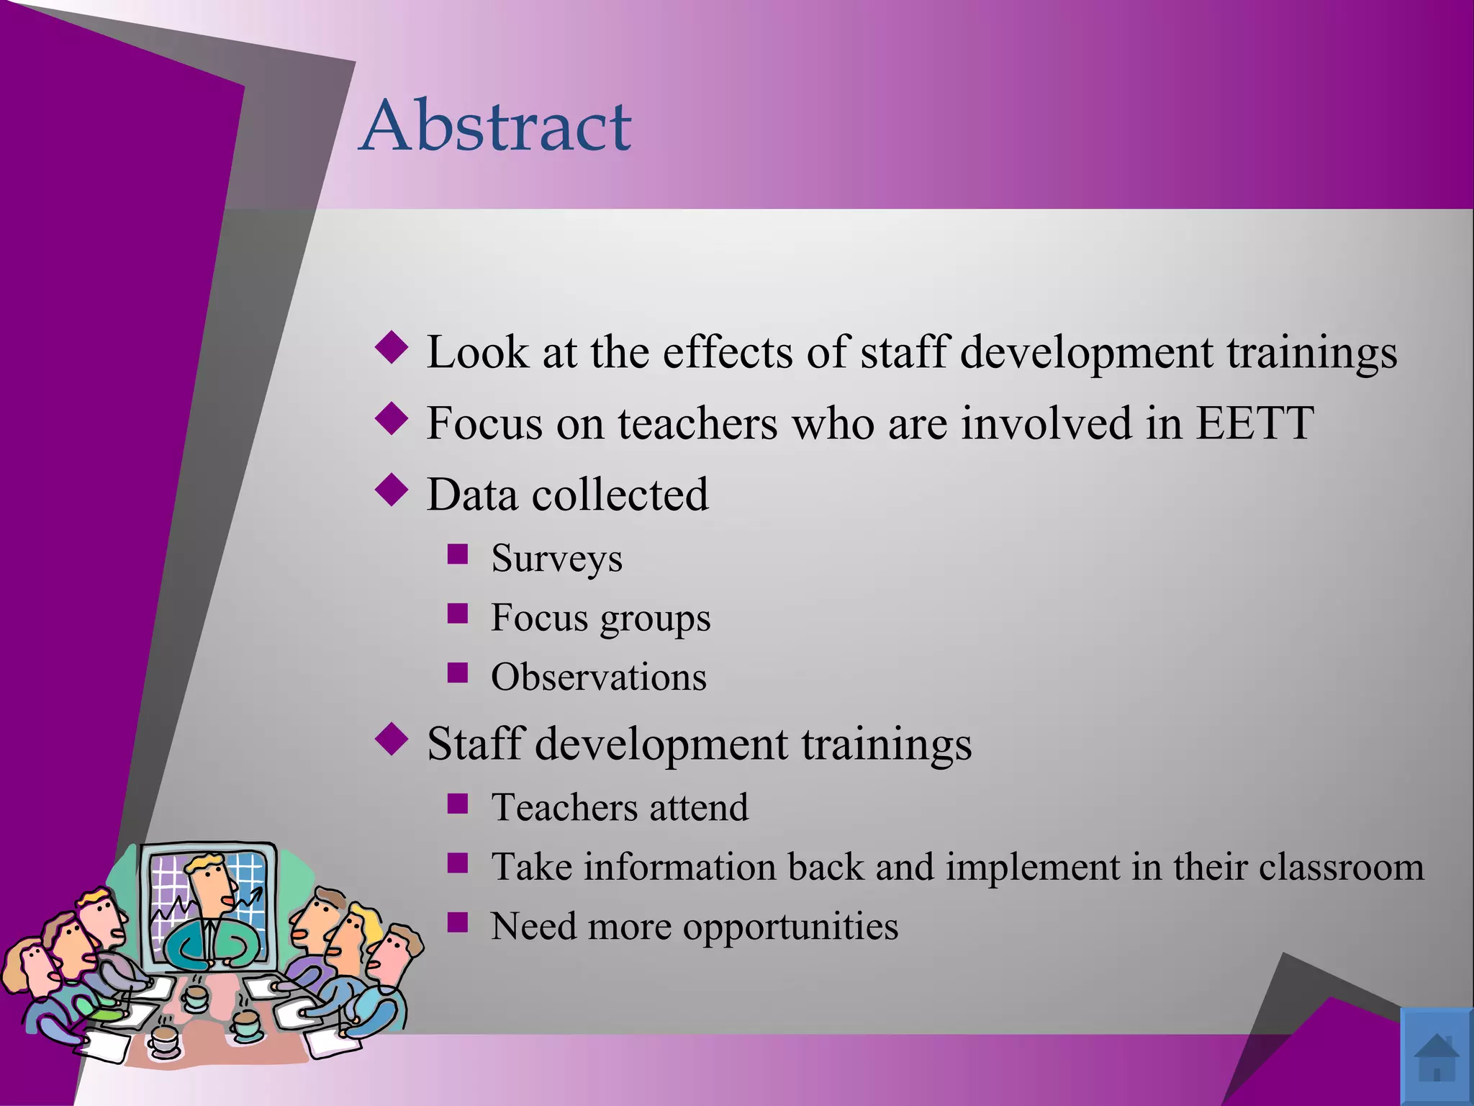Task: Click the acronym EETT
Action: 1254,423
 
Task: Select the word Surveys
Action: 556,559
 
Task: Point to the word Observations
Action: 599,678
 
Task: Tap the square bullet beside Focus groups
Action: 458,614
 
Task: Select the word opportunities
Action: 790,927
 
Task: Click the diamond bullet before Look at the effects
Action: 392,348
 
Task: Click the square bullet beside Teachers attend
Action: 458,804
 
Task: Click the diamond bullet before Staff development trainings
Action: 392,739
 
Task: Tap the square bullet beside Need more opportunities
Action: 458,922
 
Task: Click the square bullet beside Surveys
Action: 458,554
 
